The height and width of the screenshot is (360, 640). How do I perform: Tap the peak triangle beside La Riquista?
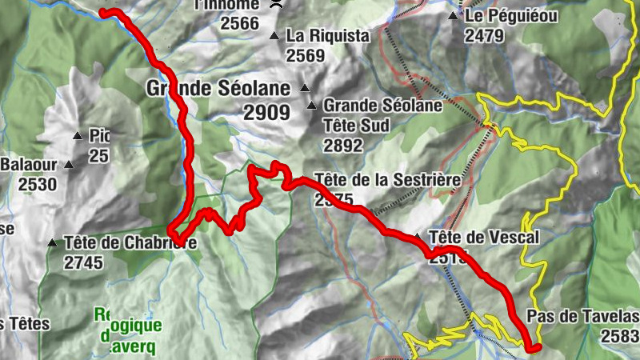click(274, 35)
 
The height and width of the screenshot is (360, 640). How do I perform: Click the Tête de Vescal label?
click(485, 238)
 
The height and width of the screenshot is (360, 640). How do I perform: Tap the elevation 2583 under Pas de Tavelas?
click(622, 336)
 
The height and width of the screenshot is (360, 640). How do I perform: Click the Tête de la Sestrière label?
click(387, 180)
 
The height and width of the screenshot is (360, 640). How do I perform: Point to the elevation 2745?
click(86, 262)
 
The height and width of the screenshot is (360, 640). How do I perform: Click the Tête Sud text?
click(356, 126)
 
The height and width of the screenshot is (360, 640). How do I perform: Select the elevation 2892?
click(344, 146)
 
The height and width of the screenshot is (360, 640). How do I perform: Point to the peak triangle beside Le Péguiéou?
click(454, 16)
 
